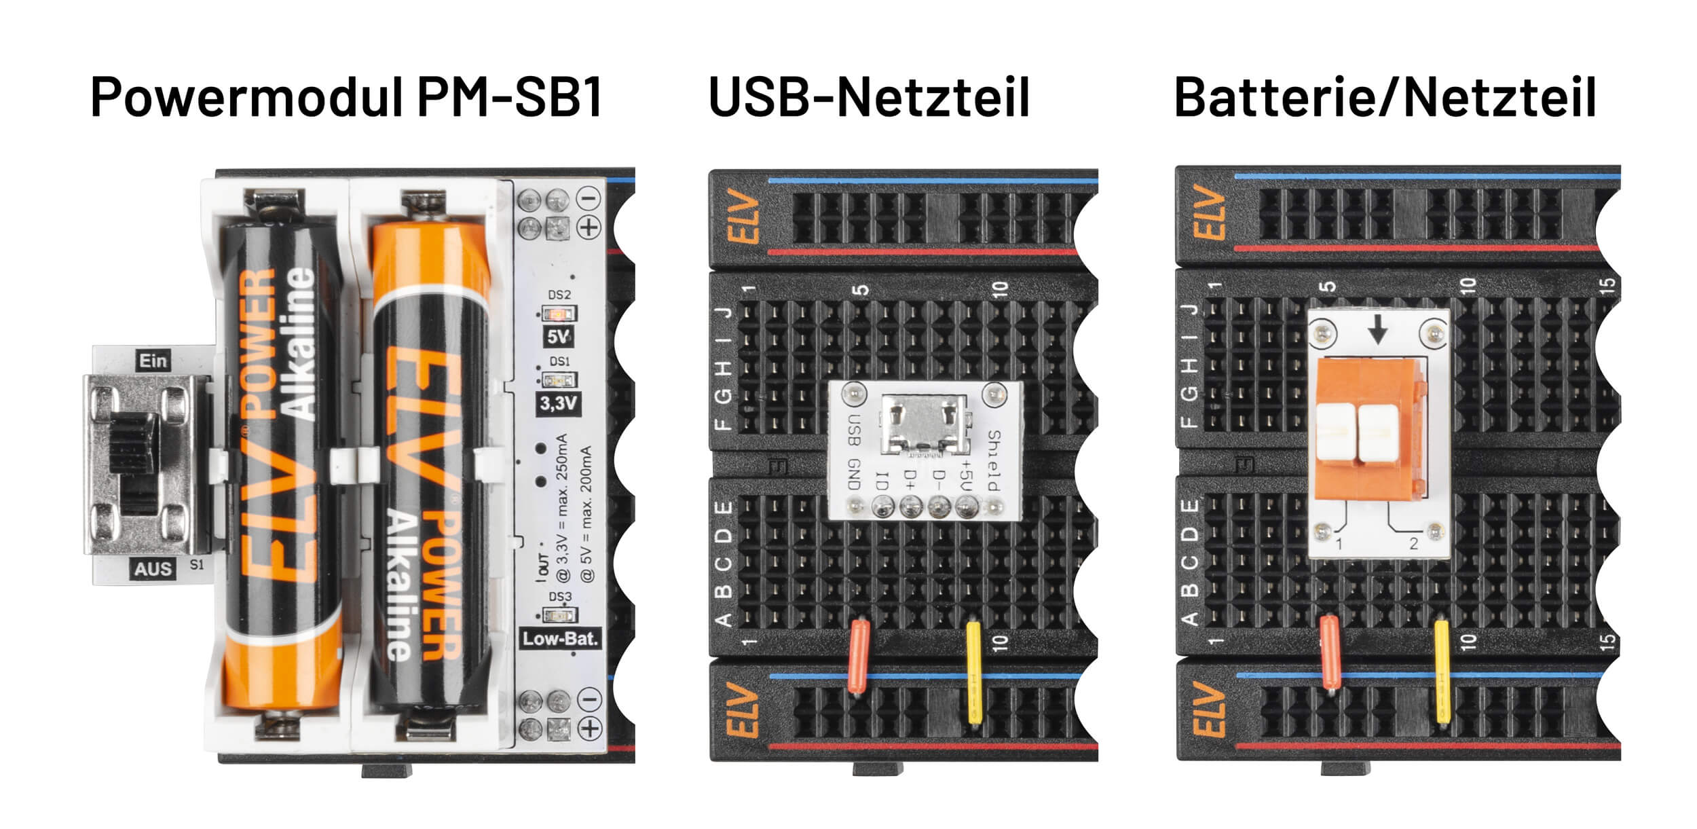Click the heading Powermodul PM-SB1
347,98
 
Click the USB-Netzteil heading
869,98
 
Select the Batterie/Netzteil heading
1385,98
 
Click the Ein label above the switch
153,361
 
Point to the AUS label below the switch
153,568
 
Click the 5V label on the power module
558,337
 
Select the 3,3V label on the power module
558,403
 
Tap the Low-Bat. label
560,639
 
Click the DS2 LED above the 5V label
558,314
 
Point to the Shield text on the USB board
994,460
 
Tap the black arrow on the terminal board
1377,332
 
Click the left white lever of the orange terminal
1335,432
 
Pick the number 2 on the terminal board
1413,543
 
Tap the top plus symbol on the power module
589,227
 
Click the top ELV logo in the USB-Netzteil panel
745,219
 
